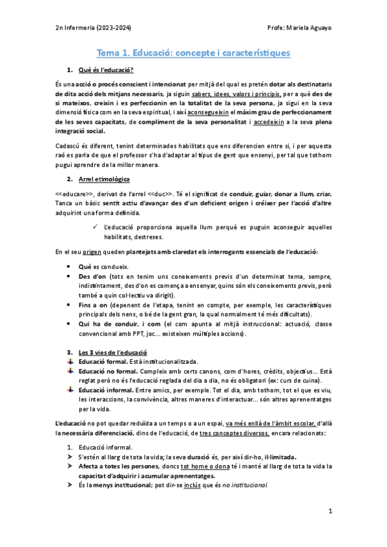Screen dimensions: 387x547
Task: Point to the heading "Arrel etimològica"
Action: [x=103, y=177]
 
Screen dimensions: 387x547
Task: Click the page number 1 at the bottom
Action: [x=329, y=512]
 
